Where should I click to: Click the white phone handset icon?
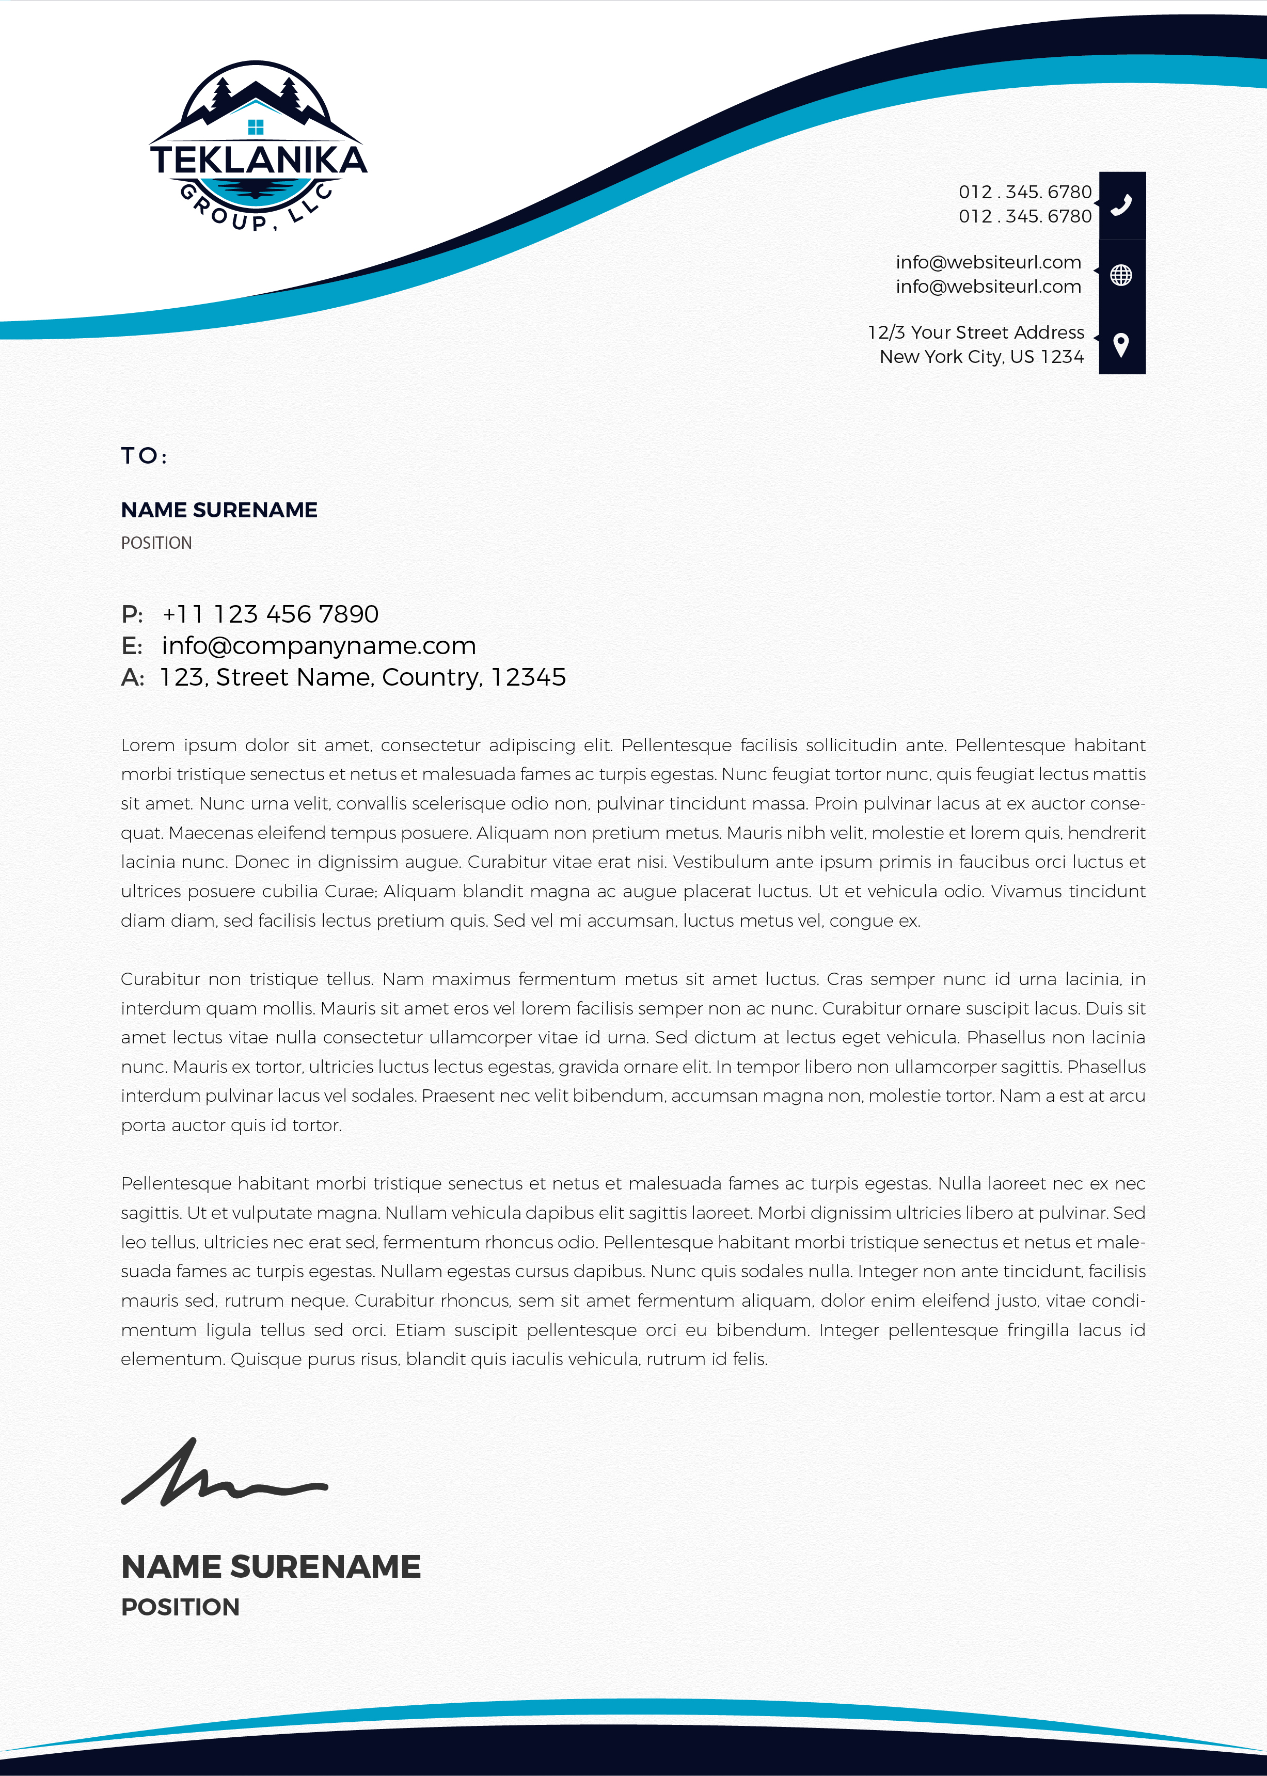(x=1121, y=205)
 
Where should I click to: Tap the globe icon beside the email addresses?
(x=1121, y=275)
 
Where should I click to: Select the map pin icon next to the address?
(x=1121, y=345)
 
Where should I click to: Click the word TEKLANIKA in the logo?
(x=258, y=160)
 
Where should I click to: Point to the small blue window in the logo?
(x=255, y=127)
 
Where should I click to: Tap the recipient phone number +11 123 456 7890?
(x=270, y=614)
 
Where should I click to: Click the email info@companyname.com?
(x=319, y=646)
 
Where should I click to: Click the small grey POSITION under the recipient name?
(x=156, y=543)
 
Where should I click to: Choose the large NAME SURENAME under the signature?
(x=271, y=1567)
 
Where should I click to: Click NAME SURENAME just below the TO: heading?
(x=219, y=510)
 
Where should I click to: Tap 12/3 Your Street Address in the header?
(x=976, y=333)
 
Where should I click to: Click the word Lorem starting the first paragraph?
(x=148, y=746)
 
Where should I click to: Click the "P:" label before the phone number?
(x=132, y=614)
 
